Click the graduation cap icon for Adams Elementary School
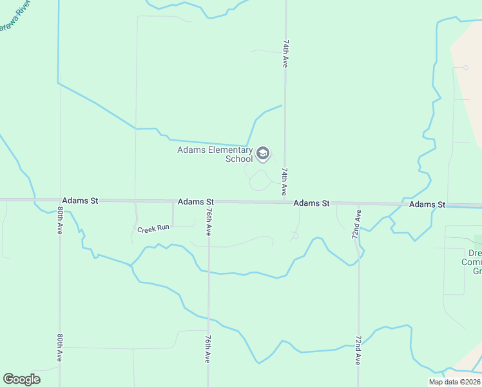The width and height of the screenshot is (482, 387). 262,154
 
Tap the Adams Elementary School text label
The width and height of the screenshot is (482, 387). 215,154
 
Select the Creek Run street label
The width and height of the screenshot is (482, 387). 153,228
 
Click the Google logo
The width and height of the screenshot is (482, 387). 21,379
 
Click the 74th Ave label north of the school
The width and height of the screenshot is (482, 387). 285,53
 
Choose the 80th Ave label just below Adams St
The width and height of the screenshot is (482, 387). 60,221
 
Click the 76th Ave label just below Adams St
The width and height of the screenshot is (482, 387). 208,221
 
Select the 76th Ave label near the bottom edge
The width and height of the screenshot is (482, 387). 208,349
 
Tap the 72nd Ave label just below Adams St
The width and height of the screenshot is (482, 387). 356,223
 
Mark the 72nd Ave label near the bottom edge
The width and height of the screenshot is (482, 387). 358,350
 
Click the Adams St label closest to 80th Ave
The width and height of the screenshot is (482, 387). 80,201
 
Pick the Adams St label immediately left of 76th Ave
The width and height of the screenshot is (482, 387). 195,202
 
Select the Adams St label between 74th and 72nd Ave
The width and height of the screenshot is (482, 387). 311,203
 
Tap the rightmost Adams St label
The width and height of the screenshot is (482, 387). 427,204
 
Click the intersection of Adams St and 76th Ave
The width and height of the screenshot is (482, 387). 208,202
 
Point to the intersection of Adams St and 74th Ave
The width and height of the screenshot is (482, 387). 285,203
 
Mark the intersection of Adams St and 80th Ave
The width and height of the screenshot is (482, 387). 60,201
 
